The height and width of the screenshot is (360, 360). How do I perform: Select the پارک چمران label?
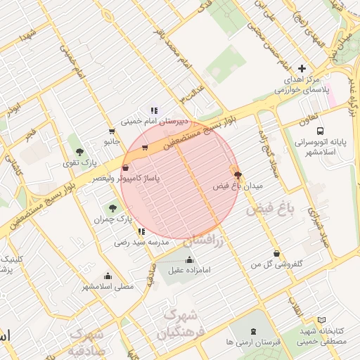click(112, 219)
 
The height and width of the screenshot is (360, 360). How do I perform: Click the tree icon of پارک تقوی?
click(79, 151)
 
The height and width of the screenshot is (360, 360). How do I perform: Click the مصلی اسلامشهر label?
click(107, 286)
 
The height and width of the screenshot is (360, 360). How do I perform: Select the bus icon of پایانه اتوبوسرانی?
click(320, 131)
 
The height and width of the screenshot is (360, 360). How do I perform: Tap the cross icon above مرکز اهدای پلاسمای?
click(302, 69)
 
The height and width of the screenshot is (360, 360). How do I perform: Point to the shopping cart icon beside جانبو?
click(112, 131)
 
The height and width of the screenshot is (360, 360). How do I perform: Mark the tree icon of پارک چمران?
click(112, 208)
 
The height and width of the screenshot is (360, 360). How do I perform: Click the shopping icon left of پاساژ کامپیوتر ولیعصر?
click(125, 168)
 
